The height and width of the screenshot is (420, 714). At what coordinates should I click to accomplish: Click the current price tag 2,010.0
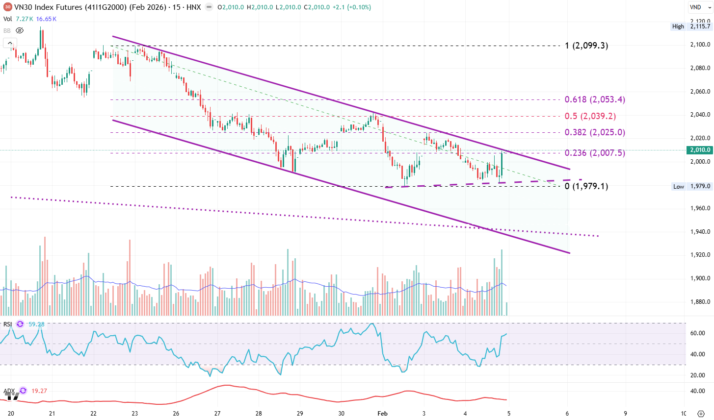700,150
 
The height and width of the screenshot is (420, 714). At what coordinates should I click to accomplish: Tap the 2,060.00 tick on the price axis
700,92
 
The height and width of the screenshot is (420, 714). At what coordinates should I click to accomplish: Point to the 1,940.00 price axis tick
700,232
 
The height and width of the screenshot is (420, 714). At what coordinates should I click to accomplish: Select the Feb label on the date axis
382,413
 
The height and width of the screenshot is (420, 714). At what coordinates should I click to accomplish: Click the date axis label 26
176,413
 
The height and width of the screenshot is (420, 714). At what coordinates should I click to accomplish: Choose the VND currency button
695,7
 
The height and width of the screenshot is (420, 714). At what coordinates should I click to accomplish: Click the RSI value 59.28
36,324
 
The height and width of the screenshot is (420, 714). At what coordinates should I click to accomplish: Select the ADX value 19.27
39,391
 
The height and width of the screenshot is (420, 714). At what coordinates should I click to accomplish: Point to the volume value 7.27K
24,19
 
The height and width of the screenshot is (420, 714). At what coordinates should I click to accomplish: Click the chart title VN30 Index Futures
48,7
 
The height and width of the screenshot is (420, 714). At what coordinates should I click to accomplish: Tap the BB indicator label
7,30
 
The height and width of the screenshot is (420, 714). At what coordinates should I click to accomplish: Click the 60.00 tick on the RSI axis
698,333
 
